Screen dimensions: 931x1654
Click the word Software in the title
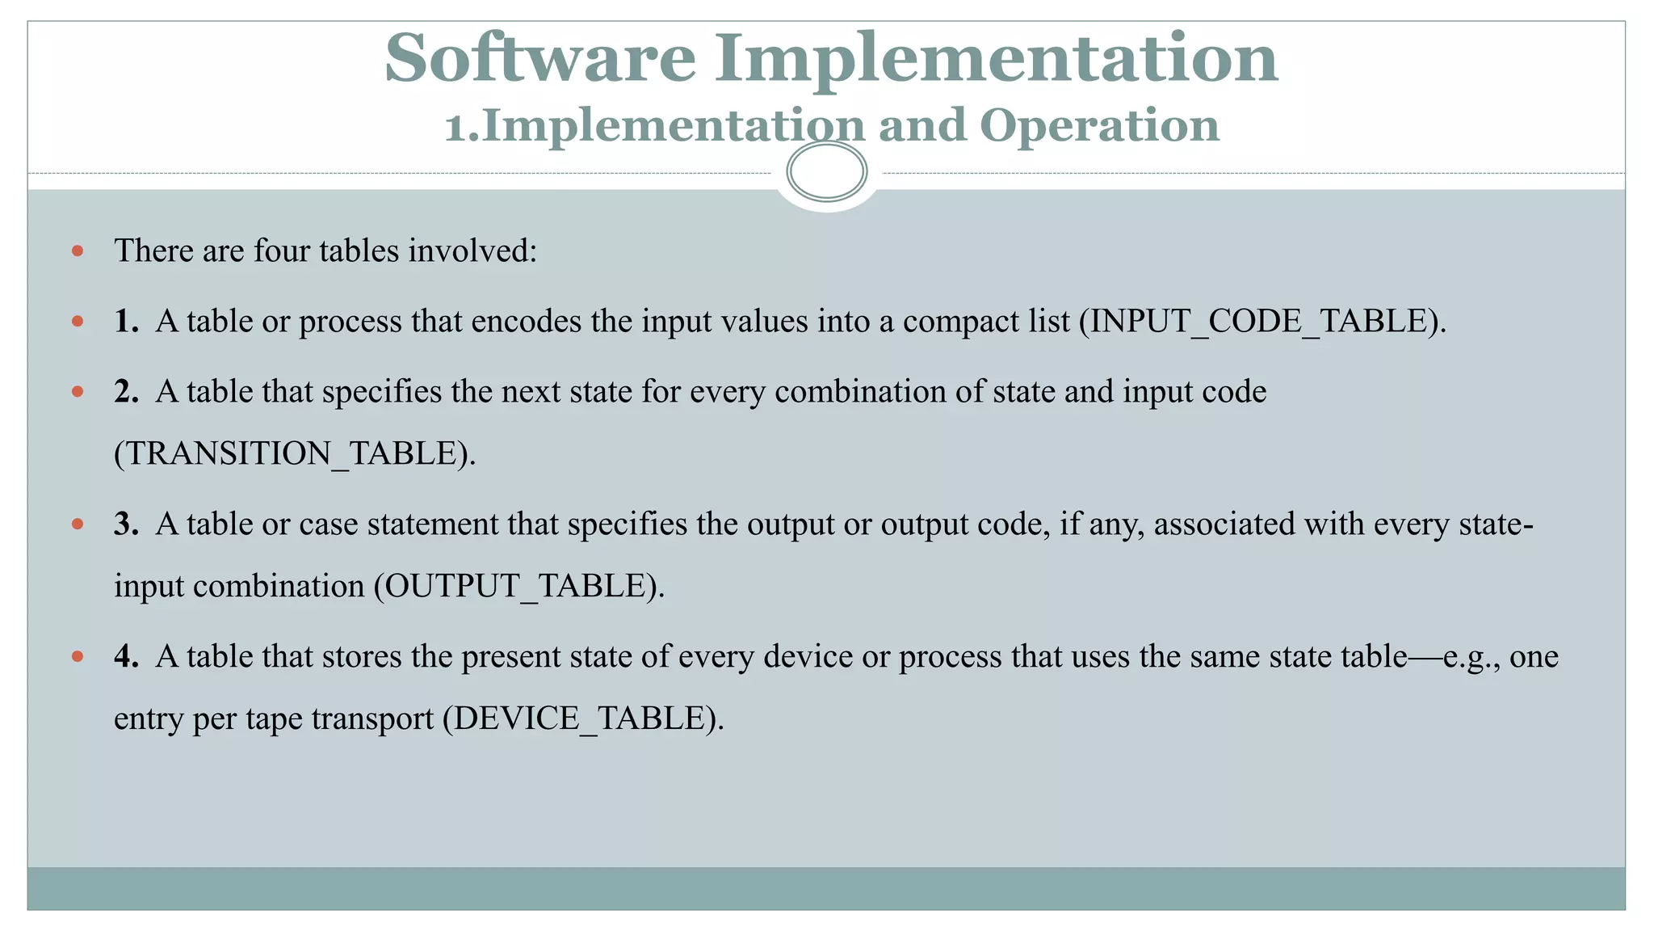(x=539, y=58)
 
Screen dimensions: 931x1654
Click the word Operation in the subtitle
(x=1099, y=126)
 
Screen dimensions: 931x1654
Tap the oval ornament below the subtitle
(x=826, y=171)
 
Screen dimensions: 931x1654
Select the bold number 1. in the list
(x=126, y=322)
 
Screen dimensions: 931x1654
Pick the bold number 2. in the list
(x=126, y=392)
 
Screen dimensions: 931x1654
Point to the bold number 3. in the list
(x=126, y=524)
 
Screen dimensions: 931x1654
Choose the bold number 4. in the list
(x=126, y=657)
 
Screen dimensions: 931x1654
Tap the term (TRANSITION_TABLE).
(x=295, y=454)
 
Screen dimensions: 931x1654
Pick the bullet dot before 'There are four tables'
(x=78, y=251)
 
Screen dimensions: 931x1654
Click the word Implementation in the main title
(x=996, y=58)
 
